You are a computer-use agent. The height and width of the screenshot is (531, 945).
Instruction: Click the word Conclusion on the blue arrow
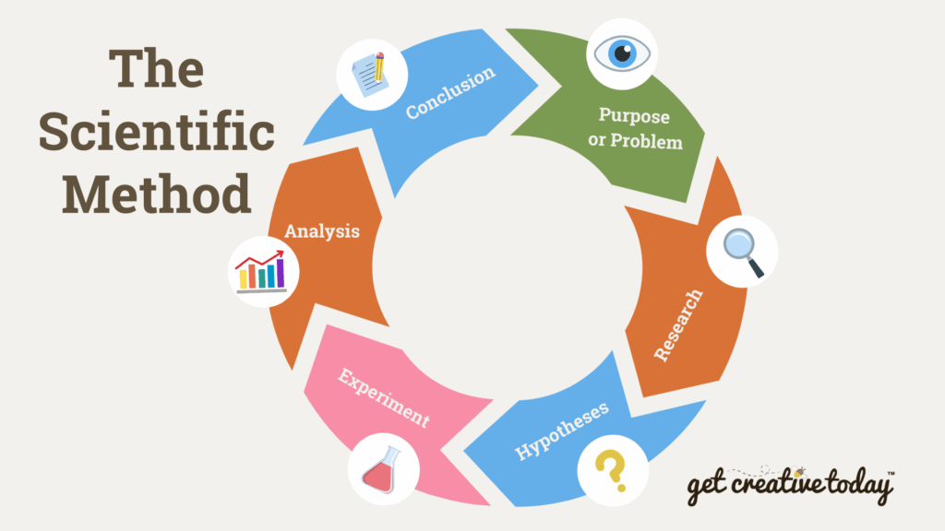(450, 93)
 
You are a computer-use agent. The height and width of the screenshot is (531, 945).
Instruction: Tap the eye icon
(622, 53)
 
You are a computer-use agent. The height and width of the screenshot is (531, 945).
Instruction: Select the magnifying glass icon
(743, 253)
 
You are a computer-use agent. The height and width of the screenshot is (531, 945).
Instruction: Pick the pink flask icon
(382, 469)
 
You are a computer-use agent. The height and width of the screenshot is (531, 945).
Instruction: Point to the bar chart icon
(261, 272)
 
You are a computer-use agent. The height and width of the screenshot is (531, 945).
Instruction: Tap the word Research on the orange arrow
(678, 325)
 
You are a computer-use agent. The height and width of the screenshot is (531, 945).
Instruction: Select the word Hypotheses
(562, 431)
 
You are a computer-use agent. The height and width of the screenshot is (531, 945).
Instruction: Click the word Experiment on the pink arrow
(383, 397)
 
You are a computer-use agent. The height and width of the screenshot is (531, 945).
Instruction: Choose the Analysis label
(322, 231)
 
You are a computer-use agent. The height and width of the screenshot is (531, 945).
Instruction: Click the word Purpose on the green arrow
(634, 115)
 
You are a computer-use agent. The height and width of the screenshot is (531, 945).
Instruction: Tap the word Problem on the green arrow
(646, 141)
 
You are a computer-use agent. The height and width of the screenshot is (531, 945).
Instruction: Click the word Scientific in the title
(157, 132)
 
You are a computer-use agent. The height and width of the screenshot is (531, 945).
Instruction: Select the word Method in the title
(157, 194)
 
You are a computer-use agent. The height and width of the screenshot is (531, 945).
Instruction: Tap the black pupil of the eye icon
(623, 53)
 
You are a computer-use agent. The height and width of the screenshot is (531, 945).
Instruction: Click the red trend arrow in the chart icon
(259, 259)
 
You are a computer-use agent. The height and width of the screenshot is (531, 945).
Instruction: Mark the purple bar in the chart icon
(281, 273)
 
